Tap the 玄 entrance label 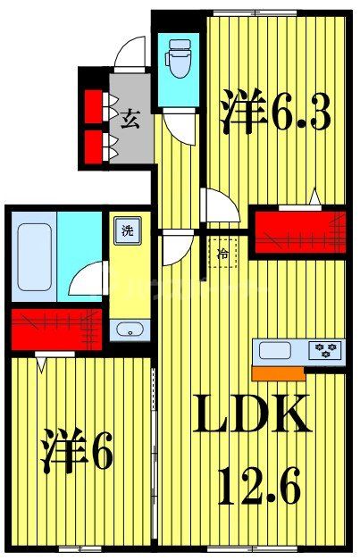[130, 119]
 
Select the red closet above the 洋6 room [55, 328]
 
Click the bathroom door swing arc [89, 281]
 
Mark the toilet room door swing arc [182, 127]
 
